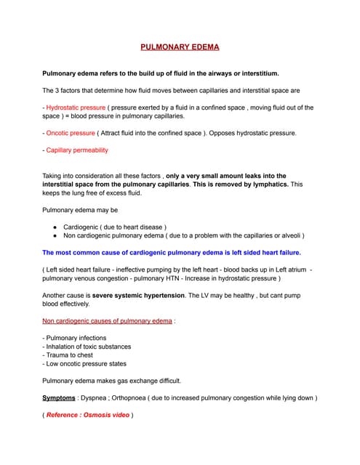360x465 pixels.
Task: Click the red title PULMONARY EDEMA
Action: (180, 47)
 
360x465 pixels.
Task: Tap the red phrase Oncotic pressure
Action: (71, 133)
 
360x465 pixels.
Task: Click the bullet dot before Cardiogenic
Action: (55, 227)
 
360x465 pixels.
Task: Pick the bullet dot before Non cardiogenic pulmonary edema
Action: (55, 235)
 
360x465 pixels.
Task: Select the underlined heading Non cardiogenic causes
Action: (106, 320)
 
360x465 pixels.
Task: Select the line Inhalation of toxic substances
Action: (89, 347)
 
